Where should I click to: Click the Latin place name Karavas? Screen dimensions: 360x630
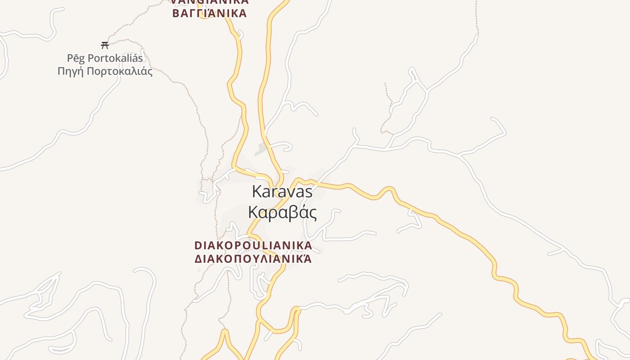coord(282,192)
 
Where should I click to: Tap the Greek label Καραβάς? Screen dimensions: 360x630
coord(282,212)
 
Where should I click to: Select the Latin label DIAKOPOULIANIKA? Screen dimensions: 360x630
coord(253,246)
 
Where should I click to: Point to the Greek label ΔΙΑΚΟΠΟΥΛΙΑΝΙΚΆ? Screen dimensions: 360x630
coord(253,259)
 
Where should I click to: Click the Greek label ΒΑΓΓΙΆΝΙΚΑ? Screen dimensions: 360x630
coord(210,13)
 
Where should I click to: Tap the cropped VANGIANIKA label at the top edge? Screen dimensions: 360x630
coord(210,2)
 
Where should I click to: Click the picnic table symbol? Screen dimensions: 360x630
coord(105,45)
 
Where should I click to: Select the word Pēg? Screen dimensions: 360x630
coord(76,58)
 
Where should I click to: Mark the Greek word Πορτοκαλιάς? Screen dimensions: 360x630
coord(120,72)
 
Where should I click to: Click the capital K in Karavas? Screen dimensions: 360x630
coord(256,192)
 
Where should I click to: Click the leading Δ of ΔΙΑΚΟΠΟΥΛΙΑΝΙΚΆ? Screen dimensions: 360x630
coord(198,259)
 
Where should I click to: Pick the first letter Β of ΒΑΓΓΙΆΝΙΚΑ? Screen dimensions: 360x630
coord(176,13)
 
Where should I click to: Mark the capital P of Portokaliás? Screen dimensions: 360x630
coord(91,58)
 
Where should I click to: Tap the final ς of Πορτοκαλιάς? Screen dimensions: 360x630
coord(150,72)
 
